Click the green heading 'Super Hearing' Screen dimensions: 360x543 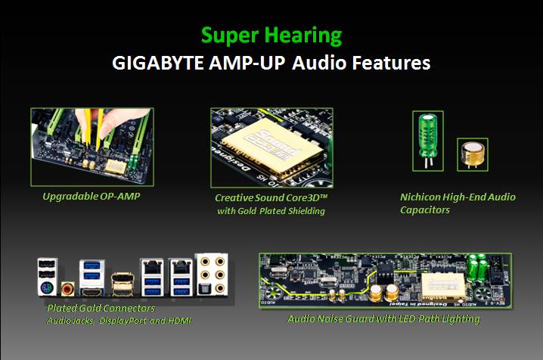271,36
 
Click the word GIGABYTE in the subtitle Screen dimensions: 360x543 154,63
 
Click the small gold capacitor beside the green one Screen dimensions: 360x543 472,154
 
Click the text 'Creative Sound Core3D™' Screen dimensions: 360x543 271,197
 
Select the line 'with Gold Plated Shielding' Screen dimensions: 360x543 271,211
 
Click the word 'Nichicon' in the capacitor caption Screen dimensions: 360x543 420,197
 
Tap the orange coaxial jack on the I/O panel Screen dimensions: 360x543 67,288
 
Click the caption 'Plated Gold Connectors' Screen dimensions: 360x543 101,309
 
